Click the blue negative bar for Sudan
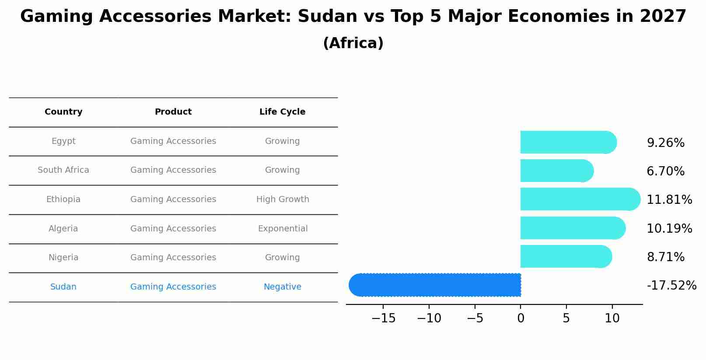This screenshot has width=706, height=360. point(435,285)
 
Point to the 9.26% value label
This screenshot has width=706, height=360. point(665,143)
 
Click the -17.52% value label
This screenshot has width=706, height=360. point(671,286)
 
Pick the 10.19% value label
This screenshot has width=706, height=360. point(669,228)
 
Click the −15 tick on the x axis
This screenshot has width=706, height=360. point(383,318)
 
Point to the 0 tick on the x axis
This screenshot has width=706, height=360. point(521,318)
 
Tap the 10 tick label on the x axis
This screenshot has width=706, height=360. point(612,318)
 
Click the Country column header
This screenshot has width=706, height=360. point(63,112)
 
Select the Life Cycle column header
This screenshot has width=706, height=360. point(282,112)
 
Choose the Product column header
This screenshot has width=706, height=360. point(173,112)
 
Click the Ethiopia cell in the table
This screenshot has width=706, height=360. point(63,199)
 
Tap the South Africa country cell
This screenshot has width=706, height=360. point(63,170)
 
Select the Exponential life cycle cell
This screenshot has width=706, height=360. point(283,229)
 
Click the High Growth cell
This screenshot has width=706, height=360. point(283,199)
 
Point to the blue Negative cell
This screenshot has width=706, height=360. point(282,287)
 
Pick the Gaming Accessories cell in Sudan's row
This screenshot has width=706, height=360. point(173,287)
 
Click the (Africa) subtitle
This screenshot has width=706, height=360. point(353,43)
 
